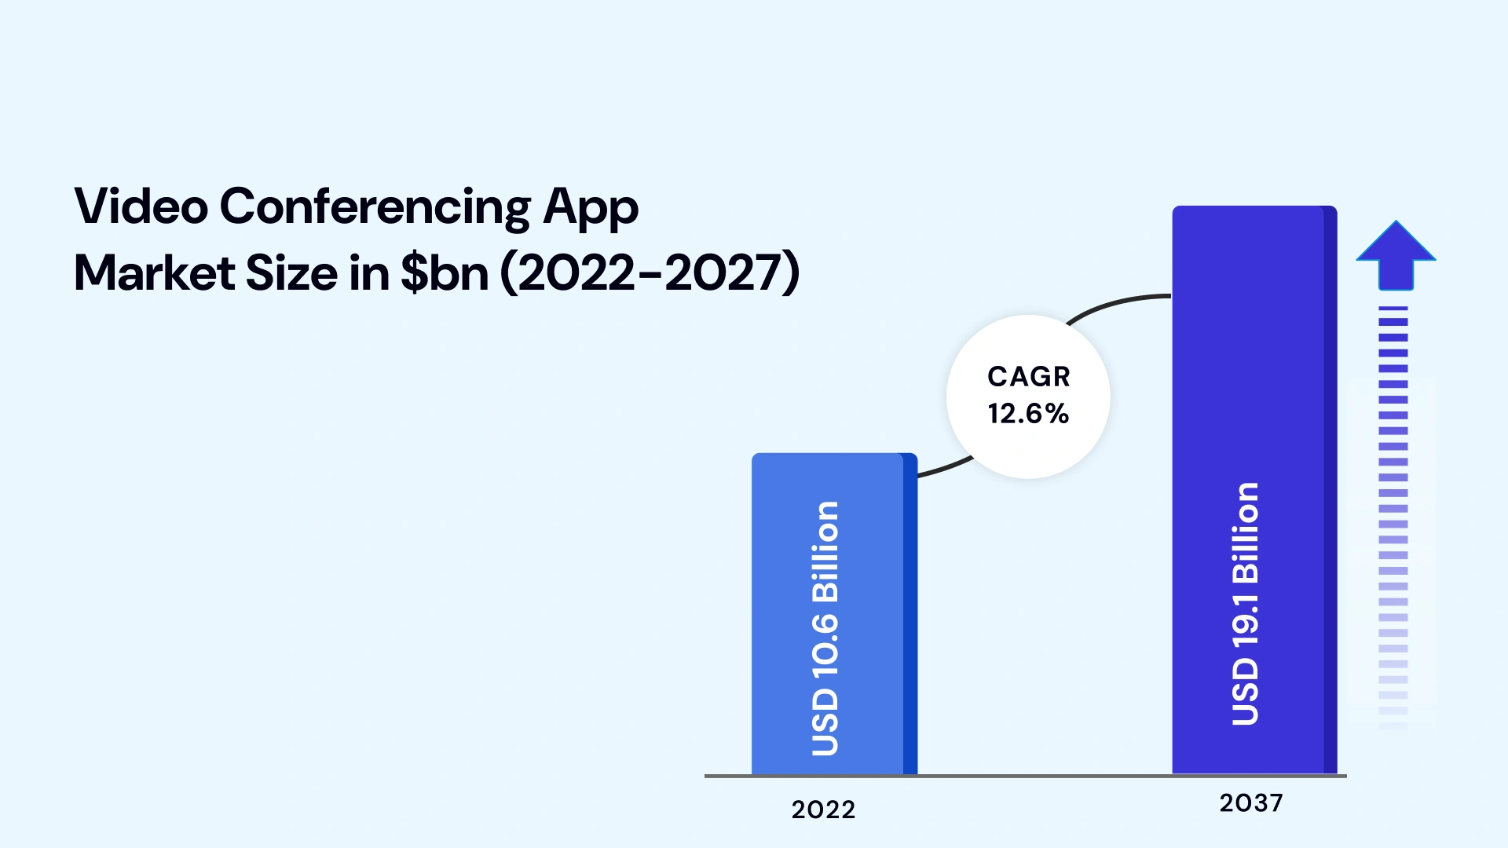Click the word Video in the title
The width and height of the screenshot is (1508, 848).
point(141,207)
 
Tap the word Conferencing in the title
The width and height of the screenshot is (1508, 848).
point(375,208)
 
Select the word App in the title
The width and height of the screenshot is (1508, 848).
point(591,208)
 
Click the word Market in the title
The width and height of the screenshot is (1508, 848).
point(154,273)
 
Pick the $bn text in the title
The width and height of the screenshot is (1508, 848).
point(445,273)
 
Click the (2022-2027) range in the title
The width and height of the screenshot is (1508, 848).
point(650,273)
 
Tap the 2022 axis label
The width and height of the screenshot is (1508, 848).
point(823,810)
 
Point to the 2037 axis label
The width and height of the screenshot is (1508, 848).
point(1251,803)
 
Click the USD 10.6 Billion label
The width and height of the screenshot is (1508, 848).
point(825,628)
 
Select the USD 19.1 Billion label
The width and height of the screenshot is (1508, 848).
point(1246,604)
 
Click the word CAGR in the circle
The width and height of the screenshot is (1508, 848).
point(1028,377)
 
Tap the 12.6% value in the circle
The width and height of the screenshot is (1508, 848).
point(1028,414)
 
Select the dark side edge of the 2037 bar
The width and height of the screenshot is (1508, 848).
point(1330,487)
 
